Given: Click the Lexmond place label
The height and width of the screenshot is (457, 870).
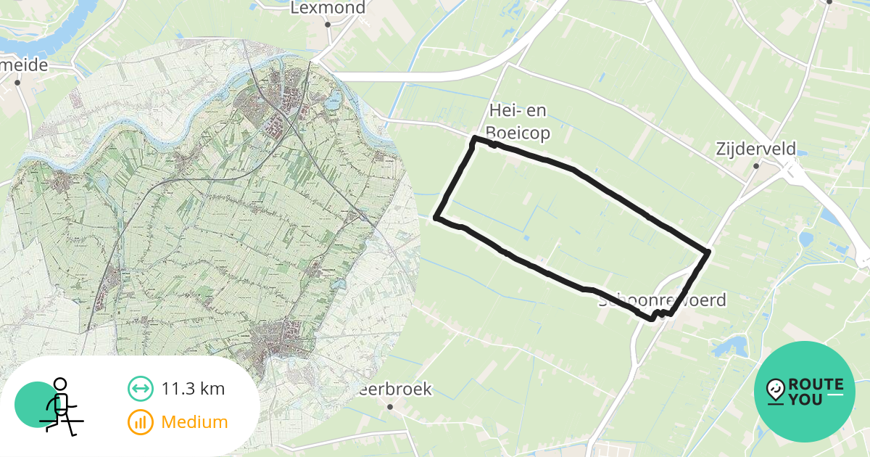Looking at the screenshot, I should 328,8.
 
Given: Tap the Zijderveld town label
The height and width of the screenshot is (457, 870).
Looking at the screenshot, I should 755,149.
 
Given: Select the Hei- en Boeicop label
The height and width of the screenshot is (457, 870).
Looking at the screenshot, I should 518,122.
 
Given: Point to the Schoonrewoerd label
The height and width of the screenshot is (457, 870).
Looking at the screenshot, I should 662,300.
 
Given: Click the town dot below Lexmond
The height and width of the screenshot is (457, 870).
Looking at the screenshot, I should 328,25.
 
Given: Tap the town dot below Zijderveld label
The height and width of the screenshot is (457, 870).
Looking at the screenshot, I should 755,166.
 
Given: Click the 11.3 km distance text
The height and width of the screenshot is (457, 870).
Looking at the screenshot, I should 193,389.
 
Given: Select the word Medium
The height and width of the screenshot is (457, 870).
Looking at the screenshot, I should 194,421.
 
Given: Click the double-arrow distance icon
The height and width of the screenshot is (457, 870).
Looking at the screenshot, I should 140,389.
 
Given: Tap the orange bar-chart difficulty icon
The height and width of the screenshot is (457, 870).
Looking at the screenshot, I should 140,421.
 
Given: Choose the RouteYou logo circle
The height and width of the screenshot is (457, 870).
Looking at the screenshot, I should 805,392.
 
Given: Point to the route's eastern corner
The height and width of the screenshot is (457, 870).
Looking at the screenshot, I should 707,252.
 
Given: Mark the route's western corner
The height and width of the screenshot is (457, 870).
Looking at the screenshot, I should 436,217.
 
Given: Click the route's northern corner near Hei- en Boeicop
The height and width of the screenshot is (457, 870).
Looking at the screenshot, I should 474,138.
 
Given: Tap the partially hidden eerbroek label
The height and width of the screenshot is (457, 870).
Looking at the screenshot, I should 396,390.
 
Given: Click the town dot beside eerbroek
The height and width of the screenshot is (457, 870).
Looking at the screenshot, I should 390,406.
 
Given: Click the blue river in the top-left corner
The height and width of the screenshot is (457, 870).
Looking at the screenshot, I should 58,29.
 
